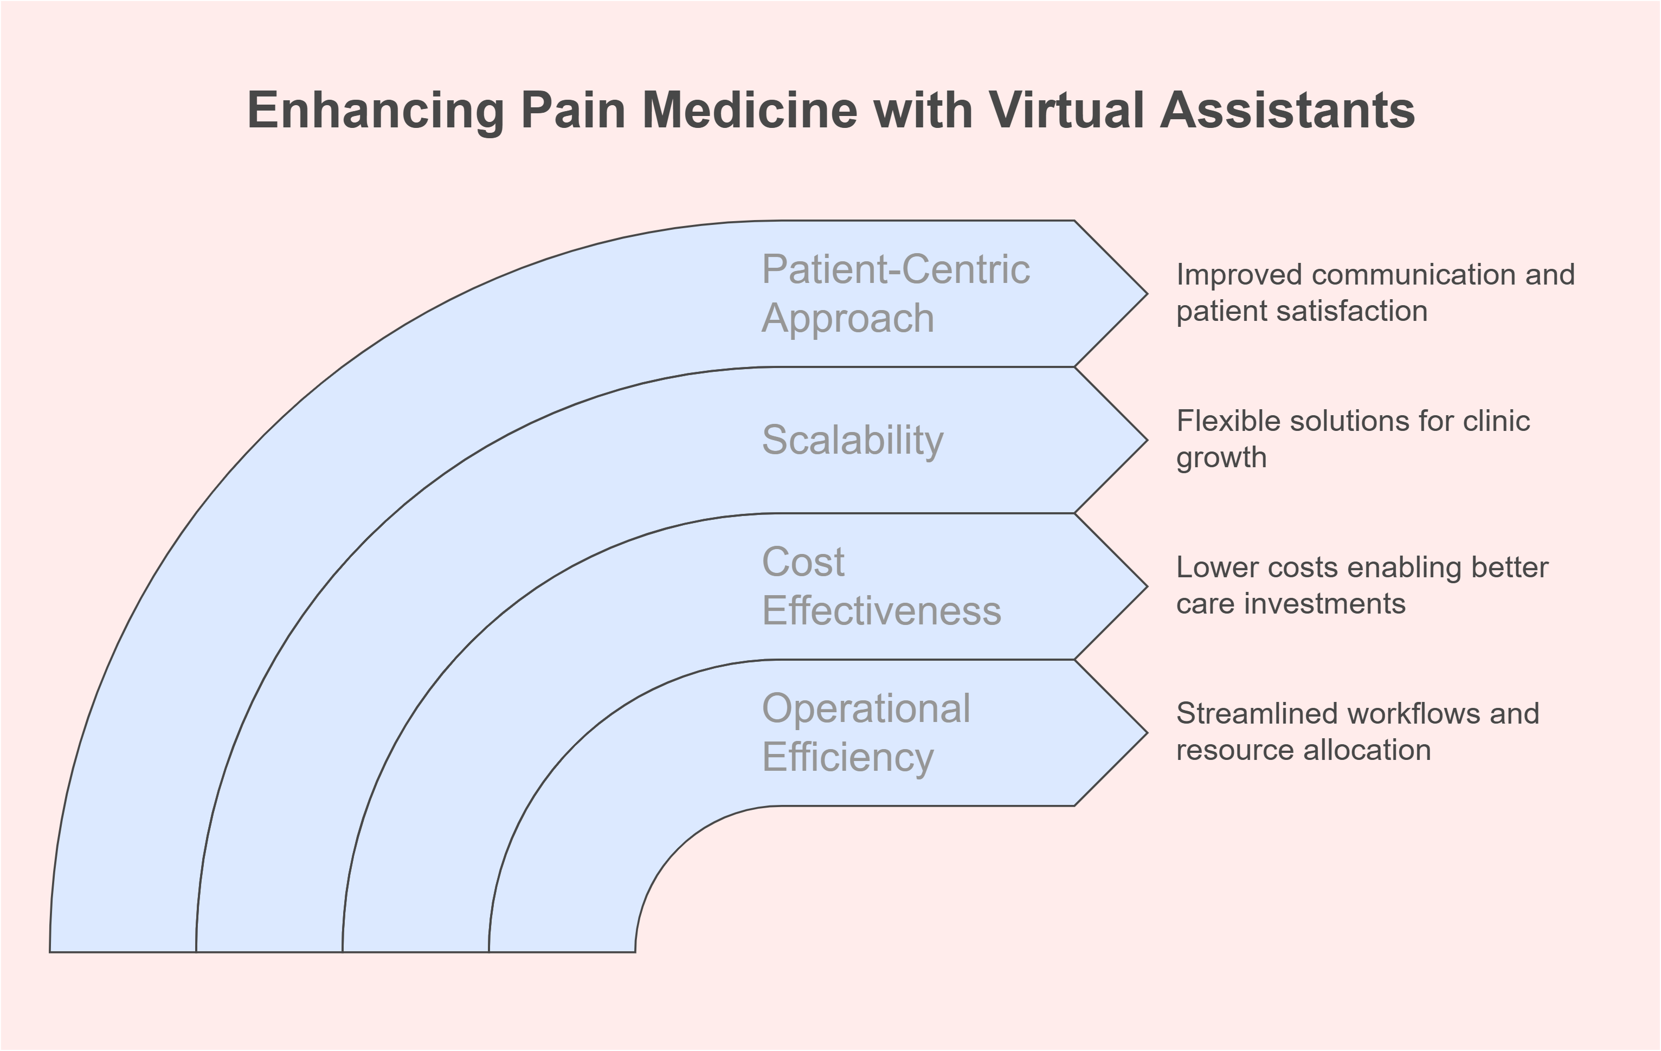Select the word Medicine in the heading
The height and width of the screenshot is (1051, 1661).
point(750,111)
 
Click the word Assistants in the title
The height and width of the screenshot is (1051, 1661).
point(1288,111)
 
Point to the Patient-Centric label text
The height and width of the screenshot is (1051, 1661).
point(896,269)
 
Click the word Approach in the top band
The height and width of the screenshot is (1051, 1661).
point(848,319)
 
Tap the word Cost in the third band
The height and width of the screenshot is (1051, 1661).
point(803,562)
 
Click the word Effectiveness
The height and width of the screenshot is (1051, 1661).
point(881,611)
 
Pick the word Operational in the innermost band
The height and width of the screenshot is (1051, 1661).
point(866,708)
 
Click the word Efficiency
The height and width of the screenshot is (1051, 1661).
point(848,757)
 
